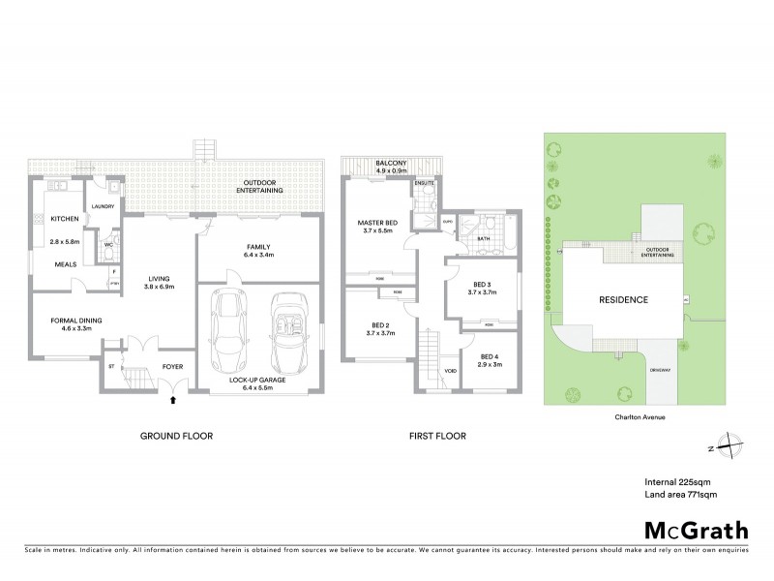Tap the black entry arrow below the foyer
[x=173, y=397]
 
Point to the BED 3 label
[x=481, y=284]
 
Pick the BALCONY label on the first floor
[x=391, y=164]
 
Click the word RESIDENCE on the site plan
[x=622, y=300]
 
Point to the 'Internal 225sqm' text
[x=678, y=480]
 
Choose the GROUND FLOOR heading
[x=175, y=436]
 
